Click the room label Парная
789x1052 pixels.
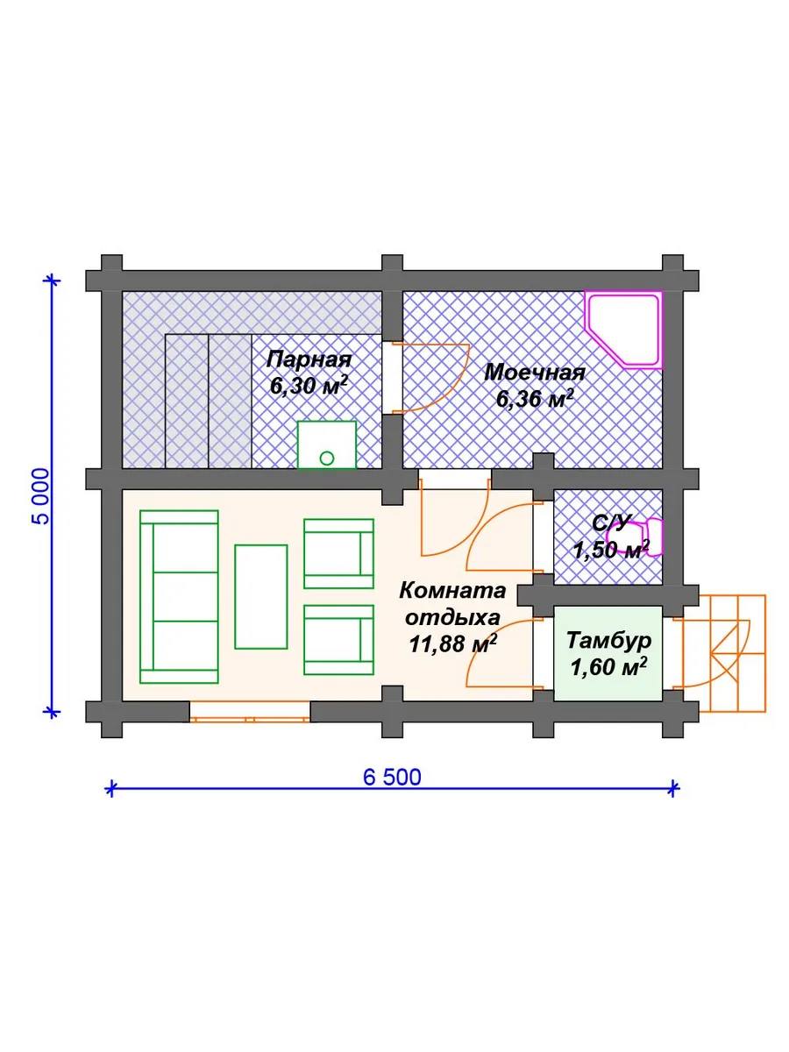(x=309, y=360)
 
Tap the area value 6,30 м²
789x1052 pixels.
(x=309, y=386)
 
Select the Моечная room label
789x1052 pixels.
(x=535, y=373)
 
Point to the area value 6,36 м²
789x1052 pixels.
(x=535, y=399)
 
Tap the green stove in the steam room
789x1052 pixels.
(x=327, y=444)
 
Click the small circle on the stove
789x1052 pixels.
(x=327, y=458)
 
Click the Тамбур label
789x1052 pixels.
(x=608, y=641)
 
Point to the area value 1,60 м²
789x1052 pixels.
(x=608, y=667)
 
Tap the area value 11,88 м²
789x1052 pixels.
(x=452, y=644)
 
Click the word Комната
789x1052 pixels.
(x=452, y=591)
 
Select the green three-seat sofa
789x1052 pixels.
(x=179, y=597)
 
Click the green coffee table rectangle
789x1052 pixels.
(x=261, y=597)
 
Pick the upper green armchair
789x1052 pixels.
(x=338, y=553)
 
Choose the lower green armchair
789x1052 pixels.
(x=338, y=640)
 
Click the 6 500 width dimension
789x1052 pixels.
(x=392, y=778)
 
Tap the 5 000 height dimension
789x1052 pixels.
(x=42, y=496)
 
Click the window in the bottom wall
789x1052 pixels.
(x=250, y=711)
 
